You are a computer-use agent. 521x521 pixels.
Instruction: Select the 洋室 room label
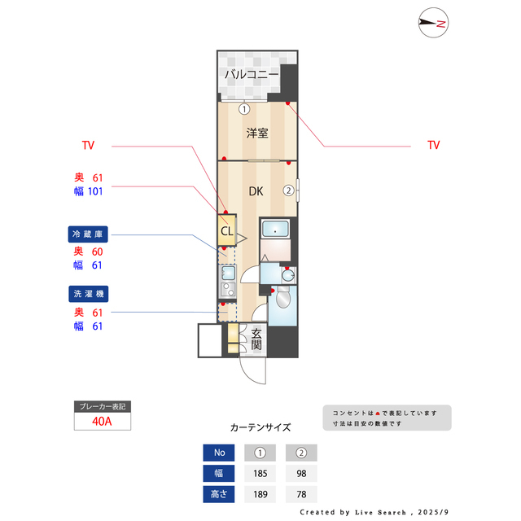coord(257,133)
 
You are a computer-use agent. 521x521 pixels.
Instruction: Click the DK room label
coord(256,192)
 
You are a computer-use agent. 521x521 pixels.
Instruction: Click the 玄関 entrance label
coord(256,339)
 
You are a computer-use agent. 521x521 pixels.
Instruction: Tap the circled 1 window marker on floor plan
coord(243,108)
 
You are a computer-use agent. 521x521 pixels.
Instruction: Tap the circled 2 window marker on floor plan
coord(288,191)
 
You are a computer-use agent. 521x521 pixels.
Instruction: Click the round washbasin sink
coord(286,276)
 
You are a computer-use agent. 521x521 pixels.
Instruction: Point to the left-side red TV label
coord(88,146)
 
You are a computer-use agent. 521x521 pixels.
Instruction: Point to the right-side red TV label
coord(433,145)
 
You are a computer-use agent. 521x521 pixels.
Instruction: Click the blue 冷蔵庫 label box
coord(89,234)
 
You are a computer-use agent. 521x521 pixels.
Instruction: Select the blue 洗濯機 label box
coord(89,293)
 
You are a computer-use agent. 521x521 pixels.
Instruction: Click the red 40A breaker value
coord(103,422)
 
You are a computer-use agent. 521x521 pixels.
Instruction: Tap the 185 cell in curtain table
coord(260,473)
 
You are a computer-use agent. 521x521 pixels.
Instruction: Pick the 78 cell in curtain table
coord(300,494)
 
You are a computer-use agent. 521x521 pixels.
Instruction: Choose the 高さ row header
coord(219,494)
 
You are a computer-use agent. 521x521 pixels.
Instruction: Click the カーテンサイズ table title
coord(260,427)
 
